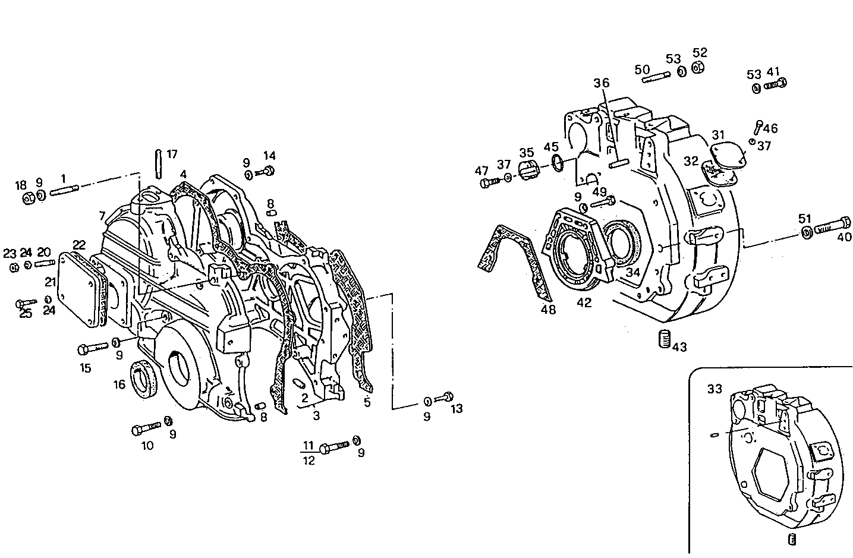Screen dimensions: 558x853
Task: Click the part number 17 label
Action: (x=172, y=155)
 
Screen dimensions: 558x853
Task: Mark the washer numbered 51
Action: (x=806, y=232)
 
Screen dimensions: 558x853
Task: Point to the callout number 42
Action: (x=584, y=302)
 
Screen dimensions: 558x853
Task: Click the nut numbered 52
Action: (x=699, y=67)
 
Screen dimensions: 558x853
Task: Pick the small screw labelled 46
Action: (x=759, y=126)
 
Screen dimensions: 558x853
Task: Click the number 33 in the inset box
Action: (x=714, y=389)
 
